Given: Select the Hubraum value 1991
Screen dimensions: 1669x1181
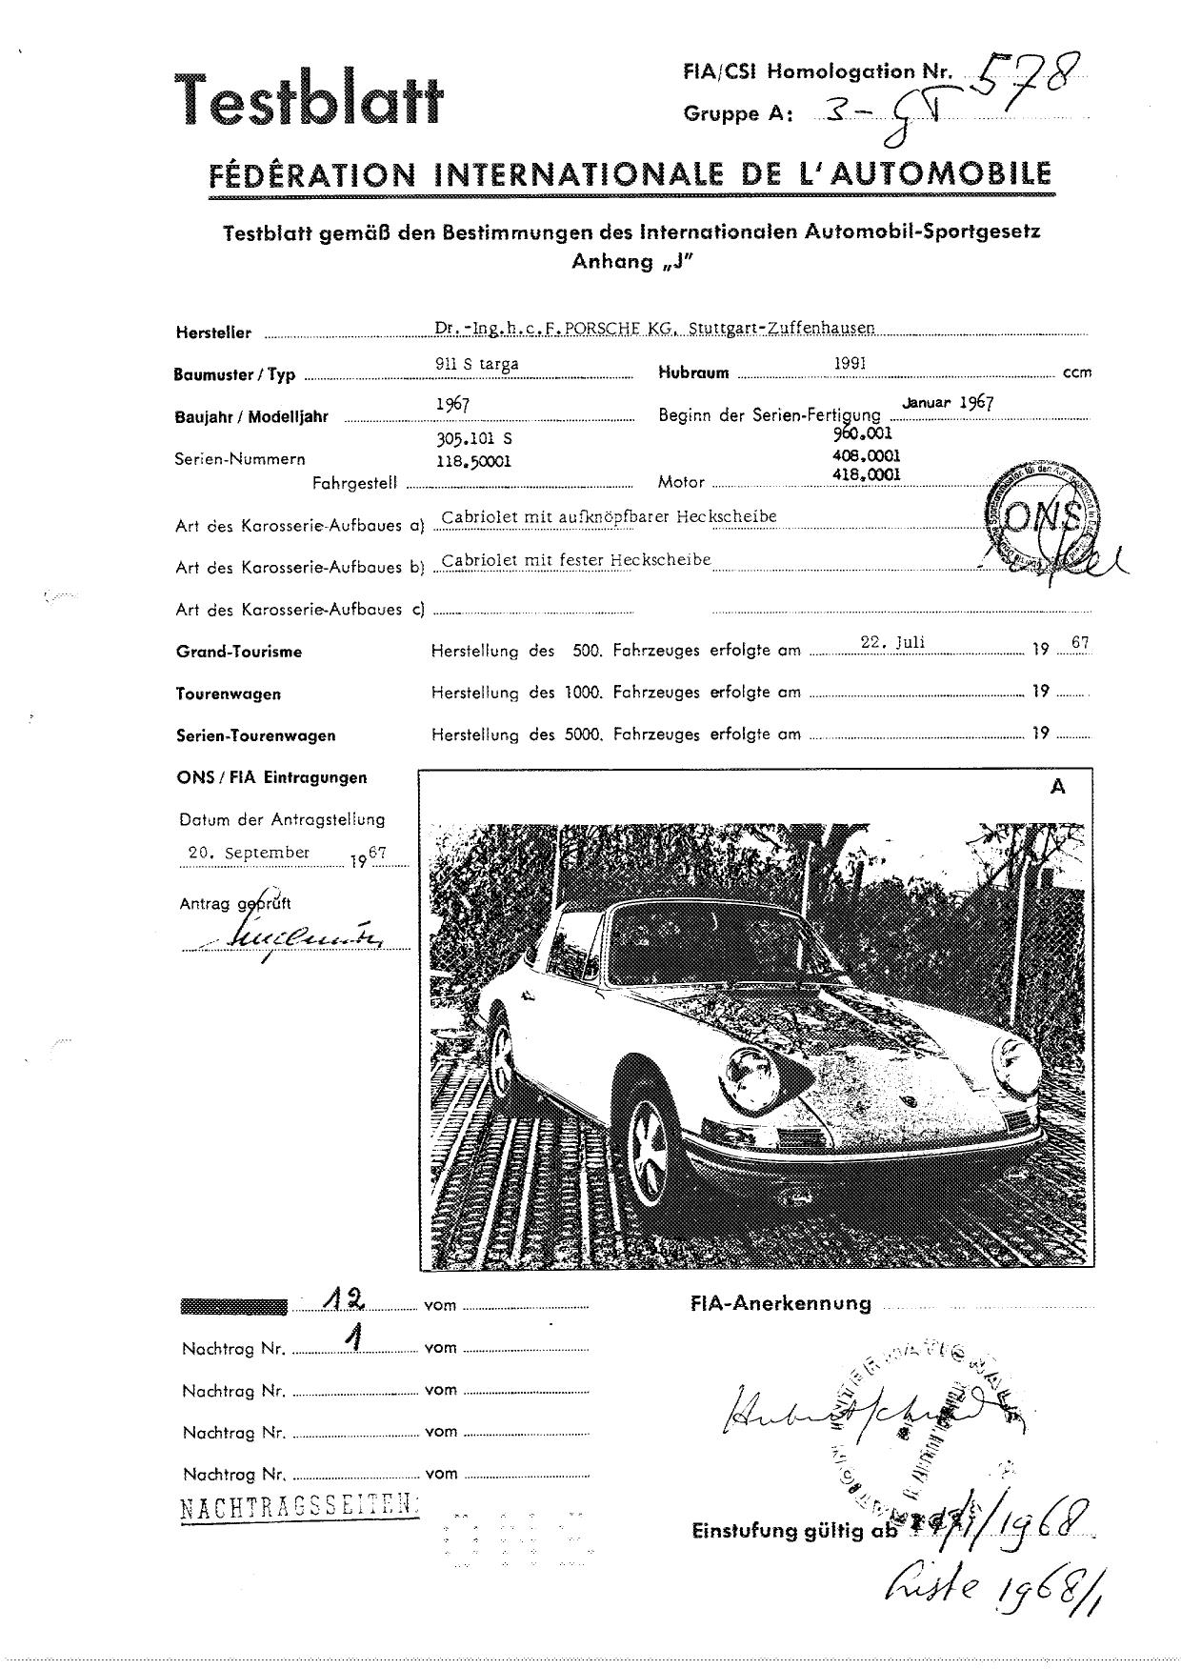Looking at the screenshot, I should pos(850,363).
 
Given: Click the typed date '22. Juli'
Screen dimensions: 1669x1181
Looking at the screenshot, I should pos(892,642).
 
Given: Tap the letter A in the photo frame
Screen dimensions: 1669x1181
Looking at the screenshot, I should pos(1056,788).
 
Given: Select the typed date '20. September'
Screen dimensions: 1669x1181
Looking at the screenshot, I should pos(250,853).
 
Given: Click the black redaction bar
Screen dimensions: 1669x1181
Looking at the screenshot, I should pos(233,1306).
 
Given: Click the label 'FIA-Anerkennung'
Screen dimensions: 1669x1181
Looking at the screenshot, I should pos(780,1304).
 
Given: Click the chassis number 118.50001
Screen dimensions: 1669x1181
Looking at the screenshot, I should pos(472,459).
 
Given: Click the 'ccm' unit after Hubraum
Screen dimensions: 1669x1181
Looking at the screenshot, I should pos(1076,372).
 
